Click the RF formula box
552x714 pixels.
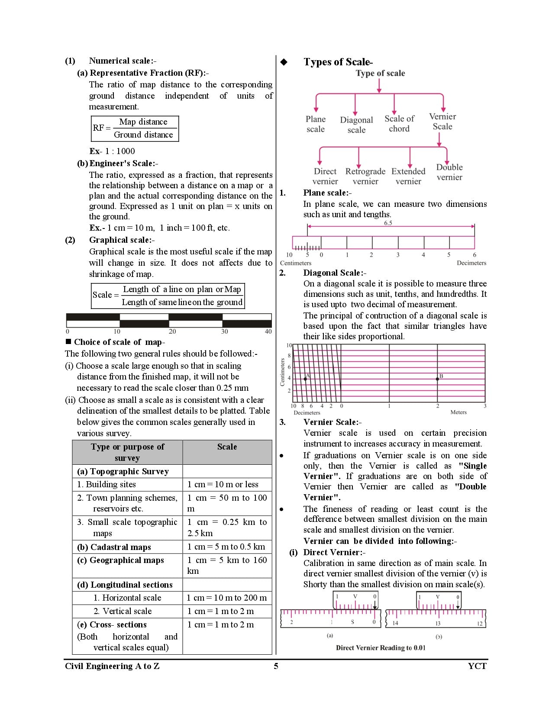[135, 129]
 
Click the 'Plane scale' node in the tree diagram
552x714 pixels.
[316, 124]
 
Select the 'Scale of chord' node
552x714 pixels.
[399, 124]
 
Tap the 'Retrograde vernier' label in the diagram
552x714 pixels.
[365, 177]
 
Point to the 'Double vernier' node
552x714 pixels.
[449, 172]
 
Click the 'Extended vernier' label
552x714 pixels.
[408, 177]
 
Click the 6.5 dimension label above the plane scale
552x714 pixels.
[388, 223]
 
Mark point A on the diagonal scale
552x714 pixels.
[305, 379]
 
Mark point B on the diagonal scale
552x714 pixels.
[437, 379]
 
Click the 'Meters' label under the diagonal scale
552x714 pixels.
[458, 412]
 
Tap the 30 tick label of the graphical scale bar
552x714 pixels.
[224, 331]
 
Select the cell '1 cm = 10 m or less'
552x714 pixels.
[223, 485]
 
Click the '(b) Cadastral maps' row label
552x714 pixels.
[114, 547]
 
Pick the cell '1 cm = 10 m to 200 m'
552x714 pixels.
[227, 598]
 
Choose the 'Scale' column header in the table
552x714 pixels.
[227, 447]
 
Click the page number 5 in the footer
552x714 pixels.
[276, 666]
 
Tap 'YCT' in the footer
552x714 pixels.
[477, 666]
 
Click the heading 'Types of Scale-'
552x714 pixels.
[338, 62]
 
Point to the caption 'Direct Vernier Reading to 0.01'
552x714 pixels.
[381, 648]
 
